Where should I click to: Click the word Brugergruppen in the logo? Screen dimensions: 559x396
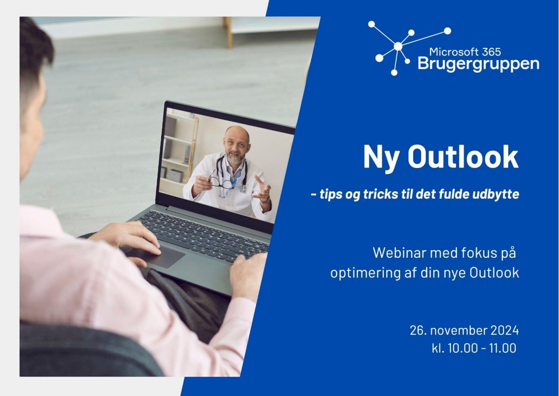[x=478, y=64]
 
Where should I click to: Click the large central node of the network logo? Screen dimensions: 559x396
[x=398, y=46]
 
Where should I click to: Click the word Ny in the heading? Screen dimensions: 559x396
[x=382, y=160]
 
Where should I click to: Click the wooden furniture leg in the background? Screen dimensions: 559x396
[x=228, y=33]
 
